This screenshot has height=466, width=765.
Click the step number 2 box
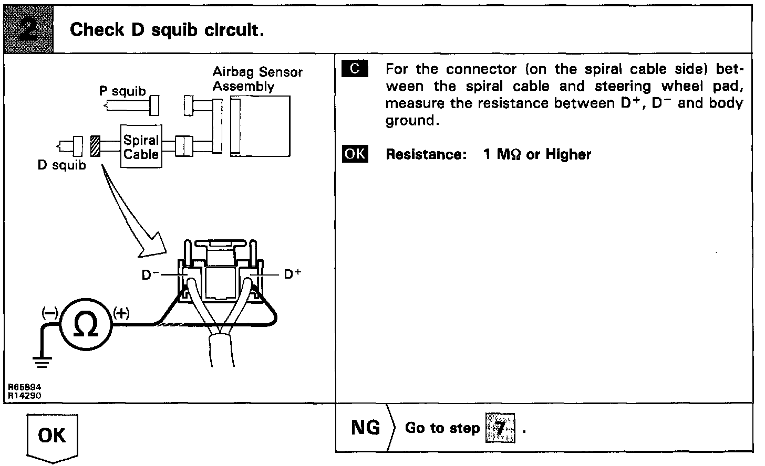coord(28,29)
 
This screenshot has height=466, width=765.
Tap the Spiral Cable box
coord(141,147)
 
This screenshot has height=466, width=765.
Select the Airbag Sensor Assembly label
coord(257,79)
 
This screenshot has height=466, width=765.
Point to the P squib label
coord(122,91)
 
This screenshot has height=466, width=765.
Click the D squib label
coord(61,165)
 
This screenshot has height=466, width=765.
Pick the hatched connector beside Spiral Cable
coord(95,146)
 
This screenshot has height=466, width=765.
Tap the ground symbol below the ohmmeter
coord(42,361)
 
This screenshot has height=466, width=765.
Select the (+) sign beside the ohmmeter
coord(121,314)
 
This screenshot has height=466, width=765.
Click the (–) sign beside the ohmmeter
coord(50,314)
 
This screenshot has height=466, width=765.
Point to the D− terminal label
coord(150,274)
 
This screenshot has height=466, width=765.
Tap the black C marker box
coord(355,69)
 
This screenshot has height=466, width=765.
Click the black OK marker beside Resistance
coord(355,154)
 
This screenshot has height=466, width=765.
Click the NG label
coord(365,428)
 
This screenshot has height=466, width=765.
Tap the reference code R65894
coord(25,387)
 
